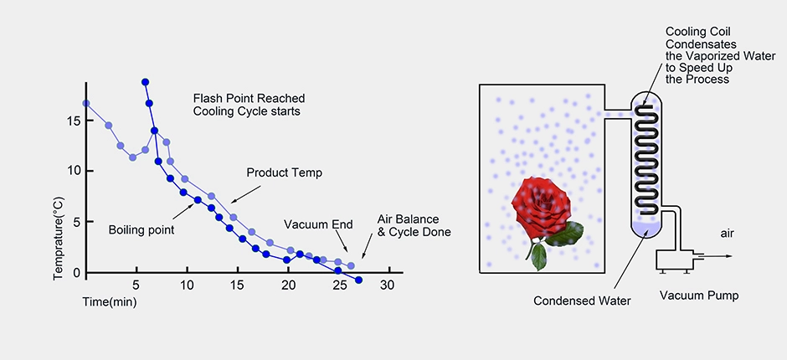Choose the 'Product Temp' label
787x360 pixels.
284,172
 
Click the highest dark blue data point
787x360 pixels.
145,82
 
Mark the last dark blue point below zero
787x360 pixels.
359,280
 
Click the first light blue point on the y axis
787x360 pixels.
86,104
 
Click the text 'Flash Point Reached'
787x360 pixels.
249,97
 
